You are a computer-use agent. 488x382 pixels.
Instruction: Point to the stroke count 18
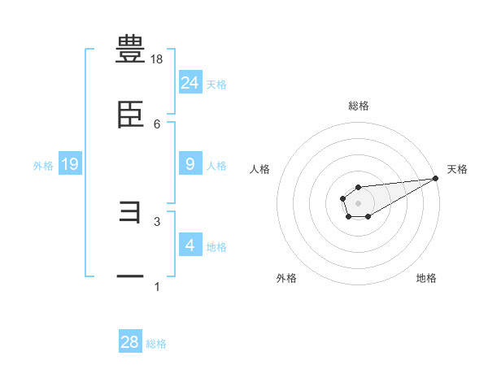tap(157, 59)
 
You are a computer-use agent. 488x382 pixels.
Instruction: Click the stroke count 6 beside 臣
tap(157, 124)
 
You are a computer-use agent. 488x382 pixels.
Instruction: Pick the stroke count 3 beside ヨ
tap(157, 221)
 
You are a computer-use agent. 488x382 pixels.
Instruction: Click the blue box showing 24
tap(190, 82)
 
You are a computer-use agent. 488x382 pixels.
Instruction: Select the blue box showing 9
tap(190, 164)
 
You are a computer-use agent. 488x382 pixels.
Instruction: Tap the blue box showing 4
tap(190, 245)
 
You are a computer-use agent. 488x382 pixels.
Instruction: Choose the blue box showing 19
tap(69, 164)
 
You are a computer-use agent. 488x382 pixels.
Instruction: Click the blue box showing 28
tap(130, 342)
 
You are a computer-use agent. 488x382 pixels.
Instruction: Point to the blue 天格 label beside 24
tap(216, 84)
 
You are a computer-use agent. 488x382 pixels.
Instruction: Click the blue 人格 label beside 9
tap(216, 166)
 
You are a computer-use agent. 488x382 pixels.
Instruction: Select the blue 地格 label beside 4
tap(216, 246)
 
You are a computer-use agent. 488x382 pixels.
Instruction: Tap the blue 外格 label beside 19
tap(43, 166)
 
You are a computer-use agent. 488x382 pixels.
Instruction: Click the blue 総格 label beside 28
tap(156, 344)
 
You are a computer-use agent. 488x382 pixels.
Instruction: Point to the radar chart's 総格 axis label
tap(358, 106)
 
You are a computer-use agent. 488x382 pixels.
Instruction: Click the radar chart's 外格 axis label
tap(286, 278)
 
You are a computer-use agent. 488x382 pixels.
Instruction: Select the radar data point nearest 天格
tap(436, 179)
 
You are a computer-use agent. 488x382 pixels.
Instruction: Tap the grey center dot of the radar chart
tap(358, 202)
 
